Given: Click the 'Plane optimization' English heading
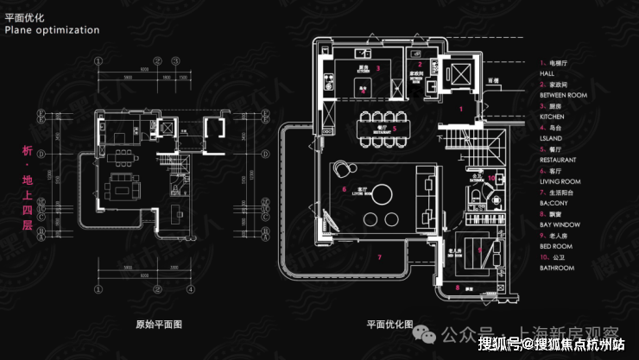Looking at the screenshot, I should [52, 29].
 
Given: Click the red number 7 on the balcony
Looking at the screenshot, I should [378, 256].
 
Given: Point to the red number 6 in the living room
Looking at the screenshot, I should [344, 188].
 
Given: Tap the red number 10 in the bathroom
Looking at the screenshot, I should [490, 179].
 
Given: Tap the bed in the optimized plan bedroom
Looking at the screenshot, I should [485, 250].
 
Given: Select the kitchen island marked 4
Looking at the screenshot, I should [363, 82].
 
